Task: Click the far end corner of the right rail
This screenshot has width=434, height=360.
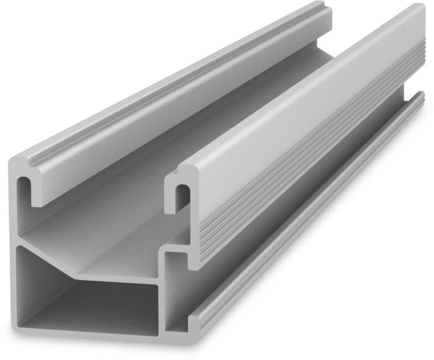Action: click(x=418, y=16)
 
